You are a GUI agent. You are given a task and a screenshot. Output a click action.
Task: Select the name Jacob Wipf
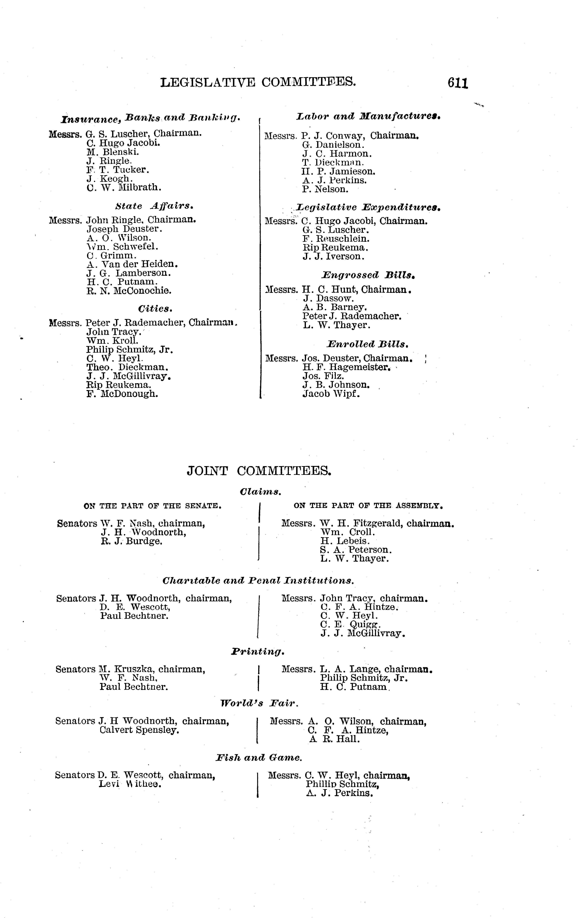click(x=331, y=394)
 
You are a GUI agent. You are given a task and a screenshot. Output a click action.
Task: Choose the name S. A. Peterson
click(x=356, y=550)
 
